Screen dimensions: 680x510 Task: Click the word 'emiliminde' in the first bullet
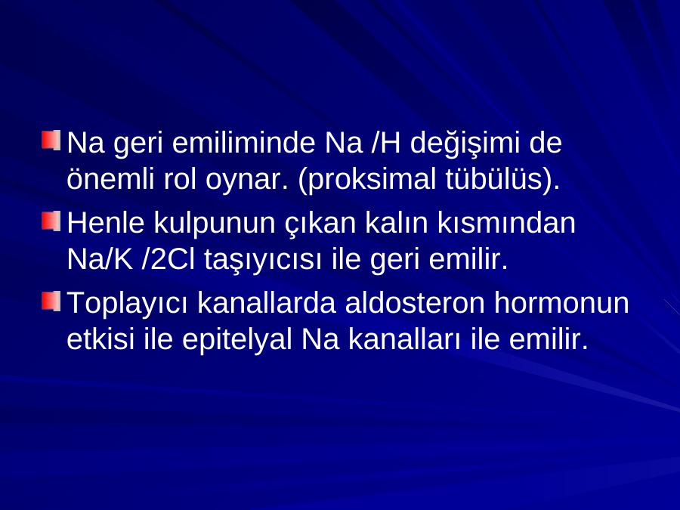pyautogui.click(x=243, y=143)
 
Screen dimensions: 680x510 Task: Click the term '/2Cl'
pyautogui.click(x=168, y=259)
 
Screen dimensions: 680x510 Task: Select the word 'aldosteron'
pyautogui.click(x=415, y=302)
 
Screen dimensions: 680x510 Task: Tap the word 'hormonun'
pyautogui.click(x=561, y=302)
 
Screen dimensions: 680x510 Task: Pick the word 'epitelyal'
pyautogui.click(x=236, y=341)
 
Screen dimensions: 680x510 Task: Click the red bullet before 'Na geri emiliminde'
pyautogui.click(x=51, y=141)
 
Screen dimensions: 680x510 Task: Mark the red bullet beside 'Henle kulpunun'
pyautogui.click(x=51, y=221)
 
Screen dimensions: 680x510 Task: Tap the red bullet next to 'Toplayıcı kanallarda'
pyautogui.click(x=51, y=301)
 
